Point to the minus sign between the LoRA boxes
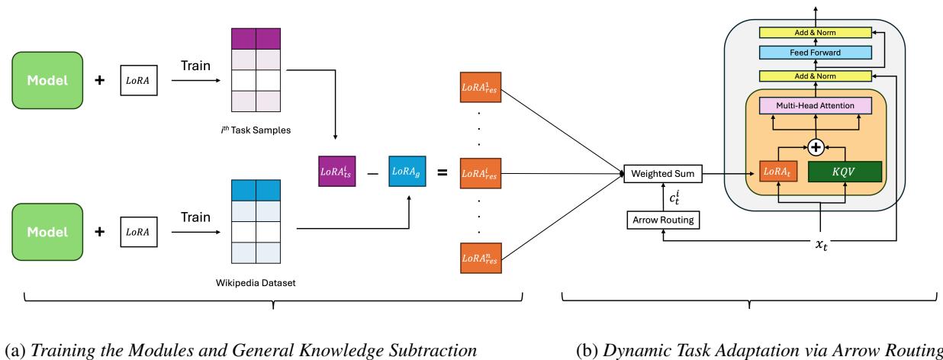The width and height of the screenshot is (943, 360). [371, 175]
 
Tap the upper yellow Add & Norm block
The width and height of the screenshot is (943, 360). [815, 31]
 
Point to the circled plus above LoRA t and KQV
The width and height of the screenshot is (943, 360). [815, 146]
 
